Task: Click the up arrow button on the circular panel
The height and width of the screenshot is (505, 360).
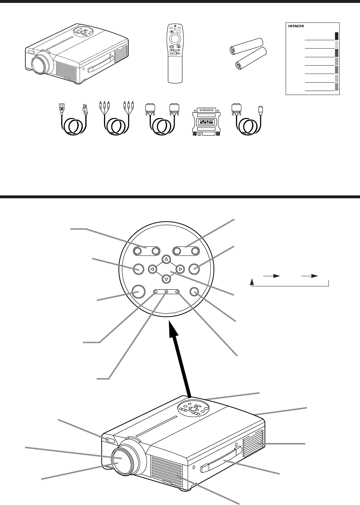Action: (166, 259)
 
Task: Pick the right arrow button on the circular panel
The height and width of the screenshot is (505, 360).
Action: (180, 269)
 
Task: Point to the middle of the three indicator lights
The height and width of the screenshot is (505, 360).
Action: (166, 292)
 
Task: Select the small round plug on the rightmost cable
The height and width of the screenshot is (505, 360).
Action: (260, 109)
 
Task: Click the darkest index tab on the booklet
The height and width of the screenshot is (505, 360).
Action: (337, 36)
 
